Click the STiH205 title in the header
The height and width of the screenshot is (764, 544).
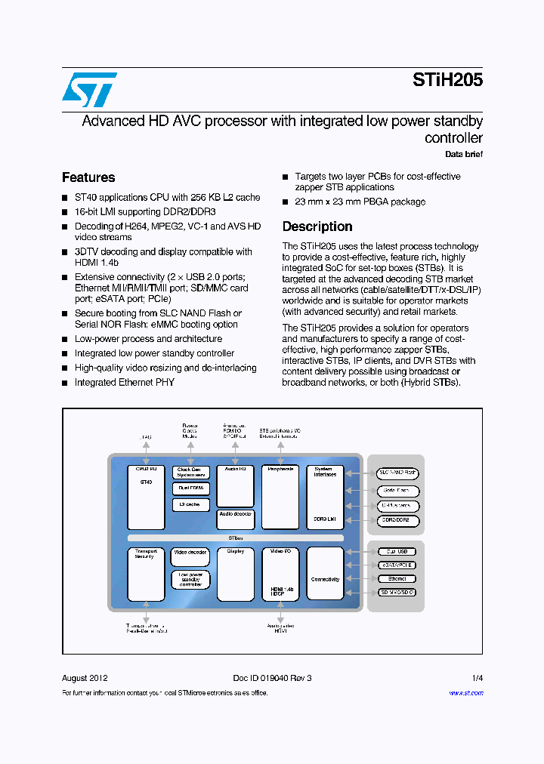point(447,80)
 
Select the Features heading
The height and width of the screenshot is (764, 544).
point(88,177)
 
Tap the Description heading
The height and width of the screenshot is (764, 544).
point(317,226)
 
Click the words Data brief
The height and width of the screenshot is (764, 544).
point(463,155)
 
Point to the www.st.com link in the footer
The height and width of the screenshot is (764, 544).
point(465,692)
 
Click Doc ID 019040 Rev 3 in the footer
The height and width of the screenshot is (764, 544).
point(273,678)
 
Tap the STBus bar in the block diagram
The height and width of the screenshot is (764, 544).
point(236,538)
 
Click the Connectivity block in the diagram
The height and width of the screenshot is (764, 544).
point(325,580)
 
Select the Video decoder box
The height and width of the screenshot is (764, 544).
point(190,553)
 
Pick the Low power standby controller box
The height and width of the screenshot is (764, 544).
point(190,579)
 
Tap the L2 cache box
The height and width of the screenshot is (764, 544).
point(190,504)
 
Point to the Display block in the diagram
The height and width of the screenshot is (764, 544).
point(235,574)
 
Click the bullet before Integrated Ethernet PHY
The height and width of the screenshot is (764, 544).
point(65,384)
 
